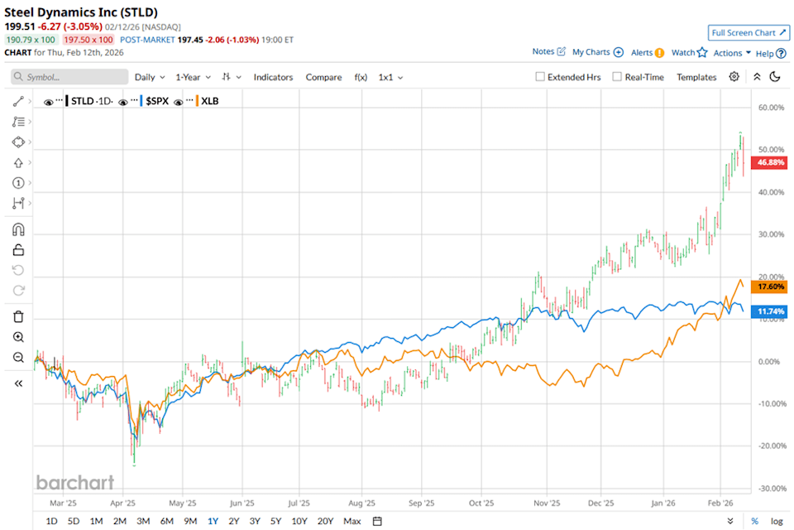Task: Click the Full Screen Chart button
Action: pyautogui.click(x=747, y=33)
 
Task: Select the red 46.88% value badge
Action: pyautogui.click(x=772, y=163)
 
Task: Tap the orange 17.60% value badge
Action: pyautogui.click(x=772, y=287)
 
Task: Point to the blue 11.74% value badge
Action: pyautogui.click(x=772, y=312)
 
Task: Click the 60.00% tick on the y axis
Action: pyautogui.click(x=771, y=108)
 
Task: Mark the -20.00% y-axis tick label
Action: pyautogui.click(x=770, y=446)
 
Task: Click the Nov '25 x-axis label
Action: pyautogui.click(x=541, y=502)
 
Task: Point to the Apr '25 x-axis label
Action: pyautogui.click(x=123, y=502)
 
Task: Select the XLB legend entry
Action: pyautogui.click(x=208, y=101)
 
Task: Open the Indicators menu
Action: pyautogui.click(x=273, y=77)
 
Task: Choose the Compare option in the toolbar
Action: pyautogui.click(x=323, y=77)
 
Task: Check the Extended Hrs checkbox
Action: pyautogui.click(x=540, y=77)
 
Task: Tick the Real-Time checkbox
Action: pyautogui.click(x=617, y=77)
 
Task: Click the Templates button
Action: pyautogui.click(x=696, y=77)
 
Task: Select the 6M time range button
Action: pyautogui.click(x=166, y=521)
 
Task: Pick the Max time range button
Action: pyautogui.click(x=352, y=521)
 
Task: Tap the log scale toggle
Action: pyautogui.click(x=777, y=521)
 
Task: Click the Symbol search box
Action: pyautogui.click(x=69, y=77)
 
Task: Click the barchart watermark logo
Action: pyautogui.click(x=74, y=483)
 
